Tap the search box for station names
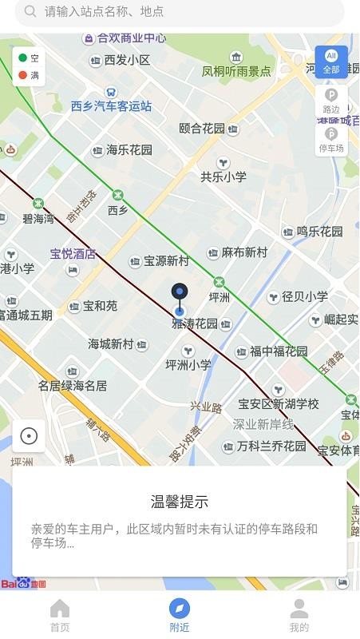(x=180, y=12)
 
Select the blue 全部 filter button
(x=331, y=61)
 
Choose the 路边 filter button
(x=331, y=101)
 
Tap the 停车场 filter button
(x=331, y=140)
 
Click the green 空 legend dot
(x=22, y=58)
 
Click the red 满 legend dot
(x=22, y=76)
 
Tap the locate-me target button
(x=29, y=435)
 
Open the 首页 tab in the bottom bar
(x=60, y=616)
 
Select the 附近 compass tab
(x=180, y=616)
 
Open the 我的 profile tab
(x=299, y=616)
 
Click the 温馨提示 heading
(x=180, y=502)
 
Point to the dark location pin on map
(x=180, y=293)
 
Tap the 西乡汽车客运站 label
(x=111, y=105)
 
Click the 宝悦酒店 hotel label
(x=73, y=255)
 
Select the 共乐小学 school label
(x=224, y=177)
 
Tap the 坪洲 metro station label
(x=219, y=296)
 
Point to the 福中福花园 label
(x=279, y=351)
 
